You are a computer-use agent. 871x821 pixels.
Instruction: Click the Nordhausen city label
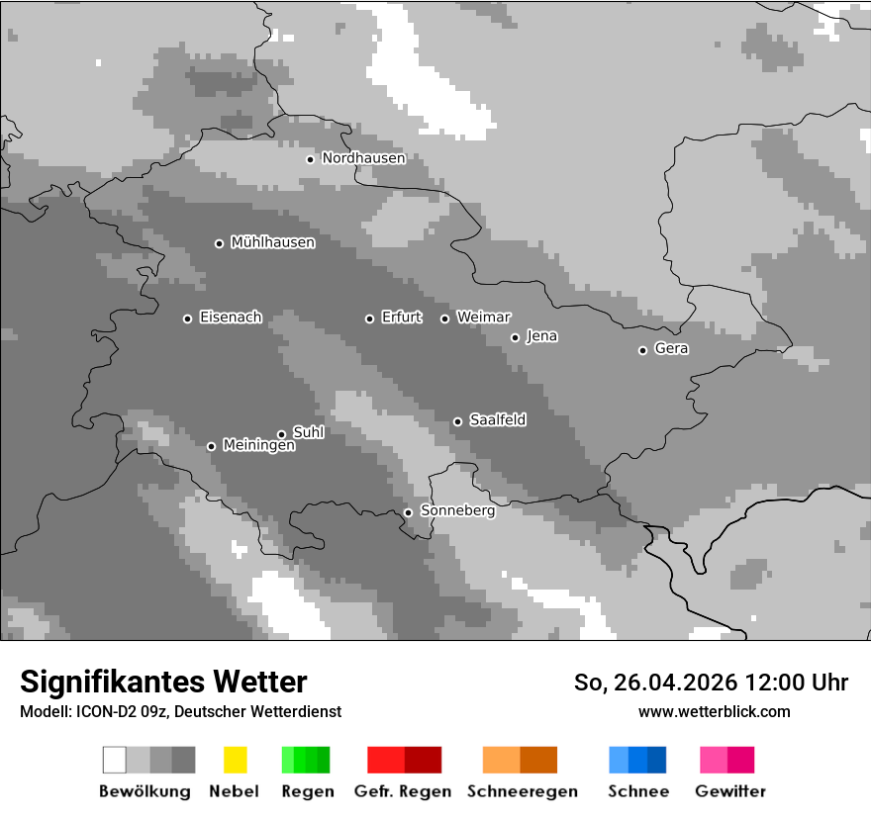coord(363,158)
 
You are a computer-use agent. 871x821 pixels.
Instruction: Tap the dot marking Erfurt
coord(369,319)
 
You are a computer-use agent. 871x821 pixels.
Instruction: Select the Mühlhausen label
coord(272,242)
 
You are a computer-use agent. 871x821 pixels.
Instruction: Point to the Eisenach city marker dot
coord(187,319)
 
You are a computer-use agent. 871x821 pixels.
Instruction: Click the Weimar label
coord(483,318)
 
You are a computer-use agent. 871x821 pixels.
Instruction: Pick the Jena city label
coord(541,336)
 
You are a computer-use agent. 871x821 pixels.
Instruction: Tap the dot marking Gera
coord(642,350)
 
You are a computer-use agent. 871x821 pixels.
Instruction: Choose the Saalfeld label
coord(497,420)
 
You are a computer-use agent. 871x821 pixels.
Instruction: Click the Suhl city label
coord(308,432)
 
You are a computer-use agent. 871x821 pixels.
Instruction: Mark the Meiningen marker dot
coord(211,446)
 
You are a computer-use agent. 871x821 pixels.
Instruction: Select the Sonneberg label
coord(457,511)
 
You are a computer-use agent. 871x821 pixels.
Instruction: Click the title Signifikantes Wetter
coord(163,683)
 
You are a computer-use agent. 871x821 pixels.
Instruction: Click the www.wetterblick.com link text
coord(714,712)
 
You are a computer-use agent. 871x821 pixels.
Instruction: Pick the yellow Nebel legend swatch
coord(235,760)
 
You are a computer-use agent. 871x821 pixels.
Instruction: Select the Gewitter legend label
coord(730,791)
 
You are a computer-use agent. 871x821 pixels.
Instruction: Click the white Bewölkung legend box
coord(115,760)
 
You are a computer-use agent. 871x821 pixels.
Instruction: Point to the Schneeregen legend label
coord(522,791)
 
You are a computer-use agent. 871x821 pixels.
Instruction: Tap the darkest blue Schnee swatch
coord(657,760)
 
